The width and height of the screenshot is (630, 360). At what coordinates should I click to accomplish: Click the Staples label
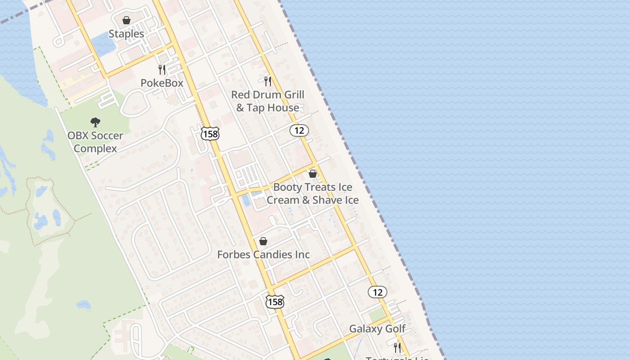pos(126,34)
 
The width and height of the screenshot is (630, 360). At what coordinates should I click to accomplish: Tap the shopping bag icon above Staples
pos(126,20)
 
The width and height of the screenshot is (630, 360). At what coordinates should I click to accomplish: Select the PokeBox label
pos(162,83)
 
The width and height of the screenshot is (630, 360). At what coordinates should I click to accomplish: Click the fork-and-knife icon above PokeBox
pos(162,69)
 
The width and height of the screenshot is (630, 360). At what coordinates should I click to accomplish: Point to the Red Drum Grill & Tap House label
pos(268,101)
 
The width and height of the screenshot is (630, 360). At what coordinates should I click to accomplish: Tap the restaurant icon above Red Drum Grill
pos(268,81)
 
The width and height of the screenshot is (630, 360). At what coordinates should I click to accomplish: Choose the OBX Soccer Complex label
pos(95,142)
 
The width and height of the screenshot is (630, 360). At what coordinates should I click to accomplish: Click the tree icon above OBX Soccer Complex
pos(95,122)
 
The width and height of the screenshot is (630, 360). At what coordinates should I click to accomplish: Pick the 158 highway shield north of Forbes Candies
pos(210,134)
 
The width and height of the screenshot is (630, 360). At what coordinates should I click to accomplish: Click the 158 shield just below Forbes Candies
pos(275,301)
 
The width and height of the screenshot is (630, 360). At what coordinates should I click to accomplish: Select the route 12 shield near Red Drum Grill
pos(299,130)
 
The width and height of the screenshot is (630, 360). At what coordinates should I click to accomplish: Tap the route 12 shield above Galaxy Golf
pos(377,292)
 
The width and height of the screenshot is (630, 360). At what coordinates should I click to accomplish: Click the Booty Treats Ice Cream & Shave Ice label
pos(313,193)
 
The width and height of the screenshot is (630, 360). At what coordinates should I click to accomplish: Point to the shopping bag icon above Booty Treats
pos(313,173)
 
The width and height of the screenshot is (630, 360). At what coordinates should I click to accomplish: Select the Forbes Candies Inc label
pos(264,255)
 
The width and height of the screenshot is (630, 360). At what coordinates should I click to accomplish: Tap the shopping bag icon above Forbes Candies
pos(263,241)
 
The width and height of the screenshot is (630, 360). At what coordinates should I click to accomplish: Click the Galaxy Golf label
pos(377,329)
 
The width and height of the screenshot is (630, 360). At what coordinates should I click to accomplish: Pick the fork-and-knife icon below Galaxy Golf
pos(397,347)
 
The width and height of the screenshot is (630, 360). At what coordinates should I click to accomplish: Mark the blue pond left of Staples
pos(103,45)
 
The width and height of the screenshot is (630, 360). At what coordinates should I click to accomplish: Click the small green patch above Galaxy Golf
pos(377,315)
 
